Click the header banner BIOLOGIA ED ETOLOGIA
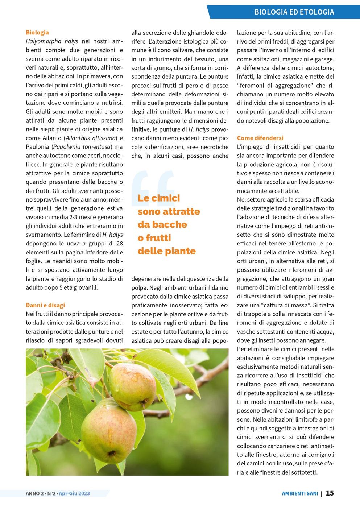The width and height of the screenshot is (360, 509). pos(294,12)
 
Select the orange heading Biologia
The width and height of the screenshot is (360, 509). pos(37,32)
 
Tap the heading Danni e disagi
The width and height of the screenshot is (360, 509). pos(45,305)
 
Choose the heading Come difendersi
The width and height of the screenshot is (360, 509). pos(260,138)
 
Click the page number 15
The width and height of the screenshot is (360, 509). pos(330,493)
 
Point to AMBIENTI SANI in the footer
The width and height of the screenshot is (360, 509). pos(300,493)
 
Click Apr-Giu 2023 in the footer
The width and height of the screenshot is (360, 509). pos(74,493)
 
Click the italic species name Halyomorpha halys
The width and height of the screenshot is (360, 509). pos(52,41)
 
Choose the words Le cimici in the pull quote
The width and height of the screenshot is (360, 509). pos(159,198)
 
